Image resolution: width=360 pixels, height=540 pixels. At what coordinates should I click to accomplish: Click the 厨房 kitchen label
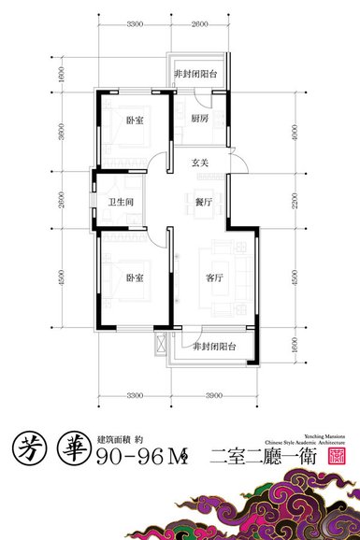(199, 120)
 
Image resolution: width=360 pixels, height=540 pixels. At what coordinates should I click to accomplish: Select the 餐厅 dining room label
(201, 201)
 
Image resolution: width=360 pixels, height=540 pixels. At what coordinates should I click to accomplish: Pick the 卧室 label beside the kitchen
(136, 120)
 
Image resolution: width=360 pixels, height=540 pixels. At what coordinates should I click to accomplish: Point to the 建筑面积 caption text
(111, 436)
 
